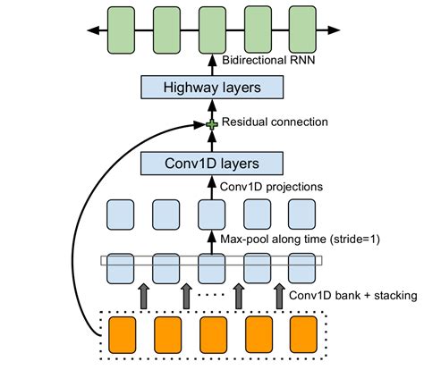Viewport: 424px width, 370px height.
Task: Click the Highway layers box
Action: click(212, 87)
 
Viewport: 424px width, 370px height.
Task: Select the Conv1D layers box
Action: click(212, 164)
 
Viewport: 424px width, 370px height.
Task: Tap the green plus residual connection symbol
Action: click(212, 123)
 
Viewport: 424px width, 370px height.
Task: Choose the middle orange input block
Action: click(212, 334)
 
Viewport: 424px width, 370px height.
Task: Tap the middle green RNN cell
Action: click(212, 29)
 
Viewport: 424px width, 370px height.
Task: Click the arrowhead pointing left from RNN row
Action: click(90, 30)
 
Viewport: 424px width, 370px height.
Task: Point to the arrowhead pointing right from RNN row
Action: click(335, 30)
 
